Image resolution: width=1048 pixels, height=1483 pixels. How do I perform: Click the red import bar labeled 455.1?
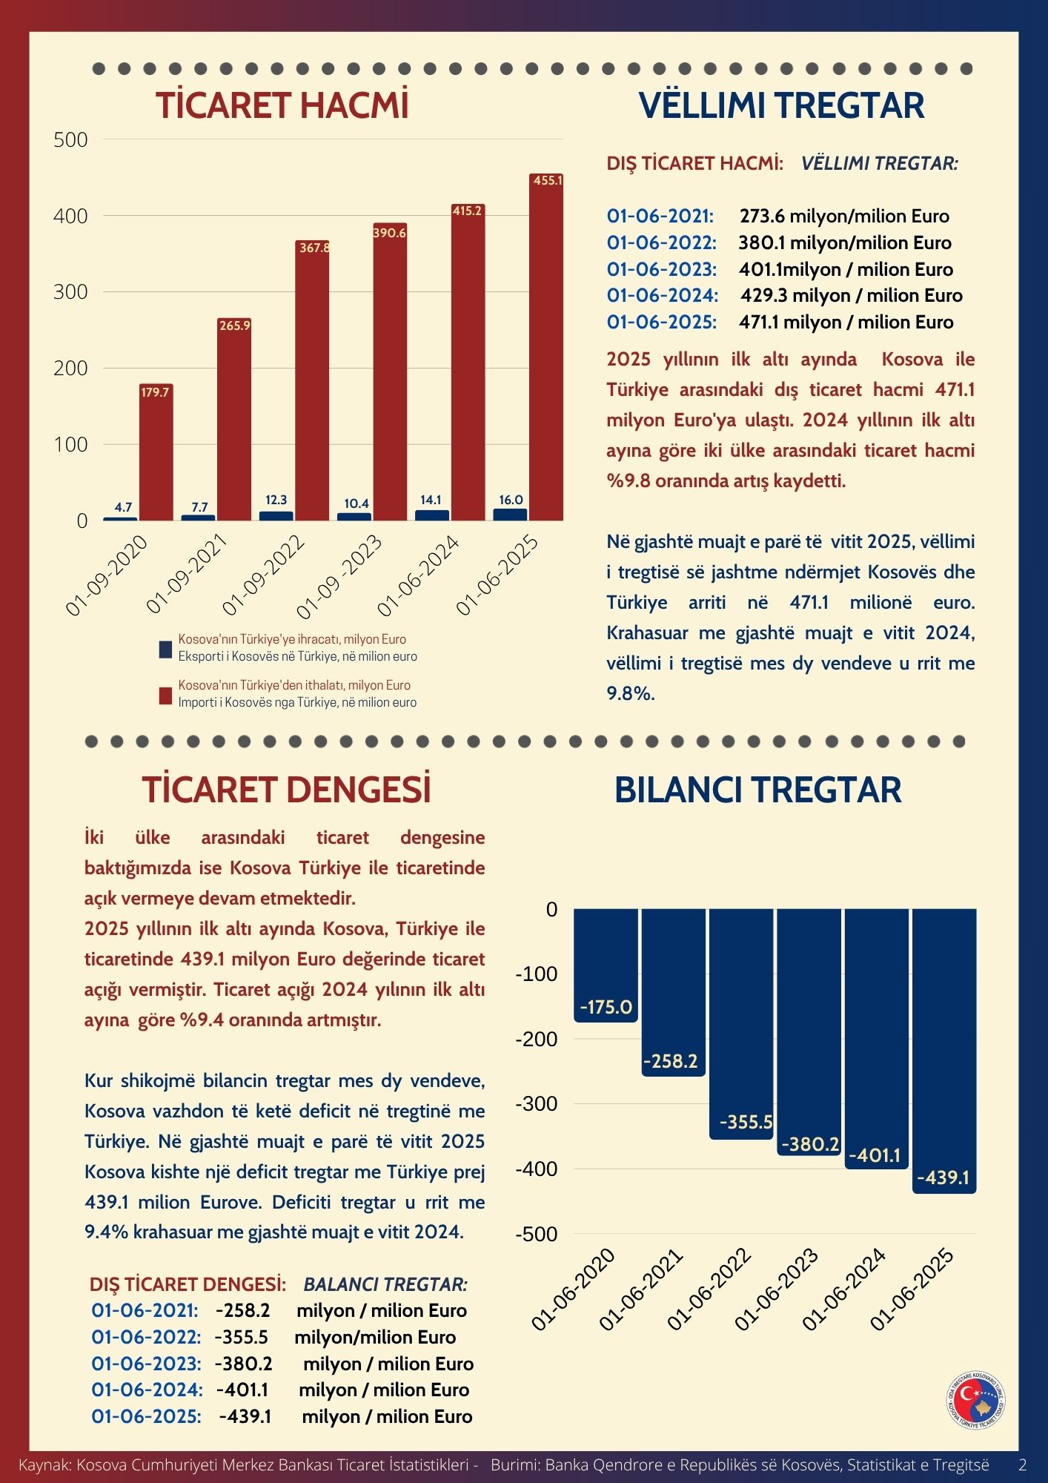pos(546,349)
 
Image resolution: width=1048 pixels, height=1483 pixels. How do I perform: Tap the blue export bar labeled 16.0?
pos(511,514)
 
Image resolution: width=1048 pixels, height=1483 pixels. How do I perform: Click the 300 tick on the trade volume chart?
pos(70,292)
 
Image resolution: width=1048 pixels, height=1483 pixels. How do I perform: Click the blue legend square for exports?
pos(165,650)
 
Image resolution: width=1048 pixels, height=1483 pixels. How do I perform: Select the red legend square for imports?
pos(165,696)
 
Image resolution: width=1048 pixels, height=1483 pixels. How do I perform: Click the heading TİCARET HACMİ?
pos(282,105)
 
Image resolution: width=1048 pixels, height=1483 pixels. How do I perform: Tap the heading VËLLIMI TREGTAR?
pos(781,105)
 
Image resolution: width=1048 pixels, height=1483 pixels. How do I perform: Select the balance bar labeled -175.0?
pos(606,964)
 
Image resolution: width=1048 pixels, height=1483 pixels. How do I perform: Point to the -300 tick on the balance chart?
pos(536,1104)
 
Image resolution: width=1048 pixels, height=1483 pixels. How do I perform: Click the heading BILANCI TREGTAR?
pos(757,790)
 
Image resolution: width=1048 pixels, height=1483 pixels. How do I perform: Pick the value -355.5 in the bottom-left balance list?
pos(241,1337)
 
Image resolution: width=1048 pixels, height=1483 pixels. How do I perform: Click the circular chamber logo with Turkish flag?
pos(977,1401)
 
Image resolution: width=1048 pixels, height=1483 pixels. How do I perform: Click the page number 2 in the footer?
pos(1023,1465)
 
